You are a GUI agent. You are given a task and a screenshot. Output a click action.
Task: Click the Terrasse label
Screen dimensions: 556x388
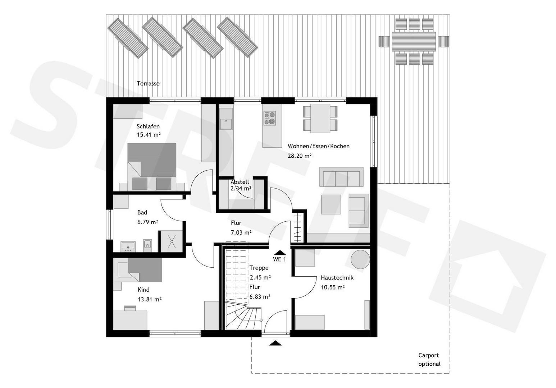pos(148,83)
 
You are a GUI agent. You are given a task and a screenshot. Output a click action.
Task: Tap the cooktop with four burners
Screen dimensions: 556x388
pos(270,118)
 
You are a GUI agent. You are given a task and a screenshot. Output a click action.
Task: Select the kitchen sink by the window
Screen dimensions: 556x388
pos(226,124)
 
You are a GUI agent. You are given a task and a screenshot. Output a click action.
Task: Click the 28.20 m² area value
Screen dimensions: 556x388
pos(300,156)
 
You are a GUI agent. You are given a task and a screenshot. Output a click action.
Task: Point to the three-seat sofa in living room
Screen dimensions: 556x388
pos(341,177)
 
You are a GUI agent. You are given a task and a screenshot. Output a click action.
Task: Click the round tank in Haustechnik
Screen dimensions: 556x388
pos(360,259)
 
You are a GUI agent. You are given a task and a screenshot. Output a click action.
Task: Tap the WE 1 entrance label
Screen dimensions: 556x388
pos(279,259)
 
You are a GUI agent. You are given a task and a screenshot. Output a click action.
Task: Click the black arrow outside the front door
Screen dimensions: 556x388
pos(275,343)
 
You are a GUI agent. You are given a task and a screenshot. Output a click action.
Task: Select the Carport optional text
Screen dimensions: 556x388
pos(429,360)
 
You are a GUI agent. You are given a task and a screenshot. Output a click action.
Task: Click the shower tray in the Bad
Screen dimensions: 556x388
pos(172,241)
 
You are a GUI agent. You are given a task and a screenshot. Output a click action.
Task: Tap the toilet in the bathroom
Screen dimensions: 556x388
pos(147,246)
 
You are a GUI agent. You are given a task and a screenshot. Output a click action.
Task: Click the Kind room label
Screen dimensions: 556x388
pos(143,290)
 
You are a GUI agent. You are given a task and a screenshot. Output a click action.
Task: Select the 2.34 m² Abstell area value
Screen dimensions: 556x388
pos(241,188)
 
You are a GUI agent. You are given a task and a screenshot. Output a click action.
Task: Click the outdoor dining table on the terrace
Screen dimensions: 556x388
pos(414,41)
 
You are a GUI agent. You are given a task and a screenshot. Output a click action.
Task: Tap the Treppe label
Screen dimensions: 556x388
pos(259,268)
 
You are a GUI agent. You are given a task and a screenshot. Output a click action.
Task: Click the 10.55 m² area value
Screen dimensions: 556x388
pos(333,287)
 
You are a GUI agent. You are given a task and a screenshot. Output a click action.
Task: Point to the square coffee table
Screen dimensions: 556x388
pos(331,204)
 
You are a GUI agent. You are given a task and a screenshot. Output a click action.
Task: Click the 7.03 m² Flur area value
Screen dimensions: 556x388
pos(241,232)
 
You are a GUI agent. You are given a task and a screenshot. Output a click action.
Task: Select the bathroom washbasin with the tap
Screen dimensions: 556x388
pos(128,246)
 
